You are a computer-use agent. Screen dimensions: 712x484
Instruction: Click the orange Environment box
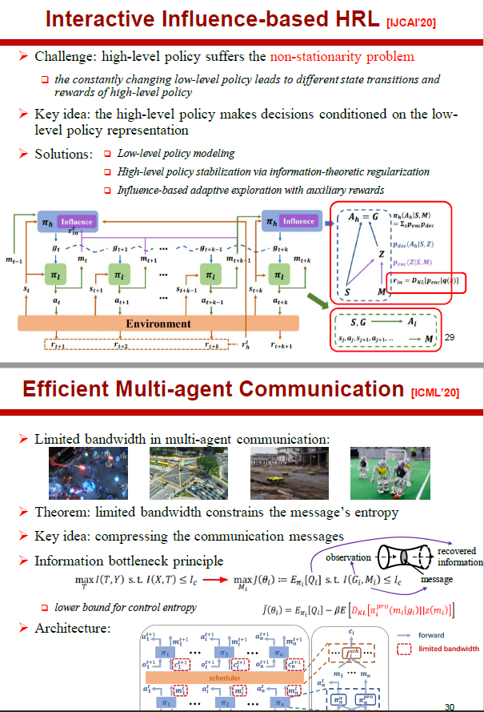point(158,324)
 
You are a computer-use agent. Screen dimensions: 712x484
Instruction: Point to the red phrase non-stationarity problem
point(342,57)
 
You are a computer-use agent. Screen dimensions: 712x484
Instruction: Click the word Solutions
point(63,154)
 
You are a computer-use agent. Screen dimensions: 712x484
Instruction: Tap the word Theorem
point(62,512)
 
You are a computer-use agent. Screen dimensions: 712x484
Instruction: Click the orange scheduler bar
point(209,654)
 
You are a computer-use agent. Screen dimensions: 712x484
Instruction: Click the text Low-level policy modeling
point(175,153)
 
